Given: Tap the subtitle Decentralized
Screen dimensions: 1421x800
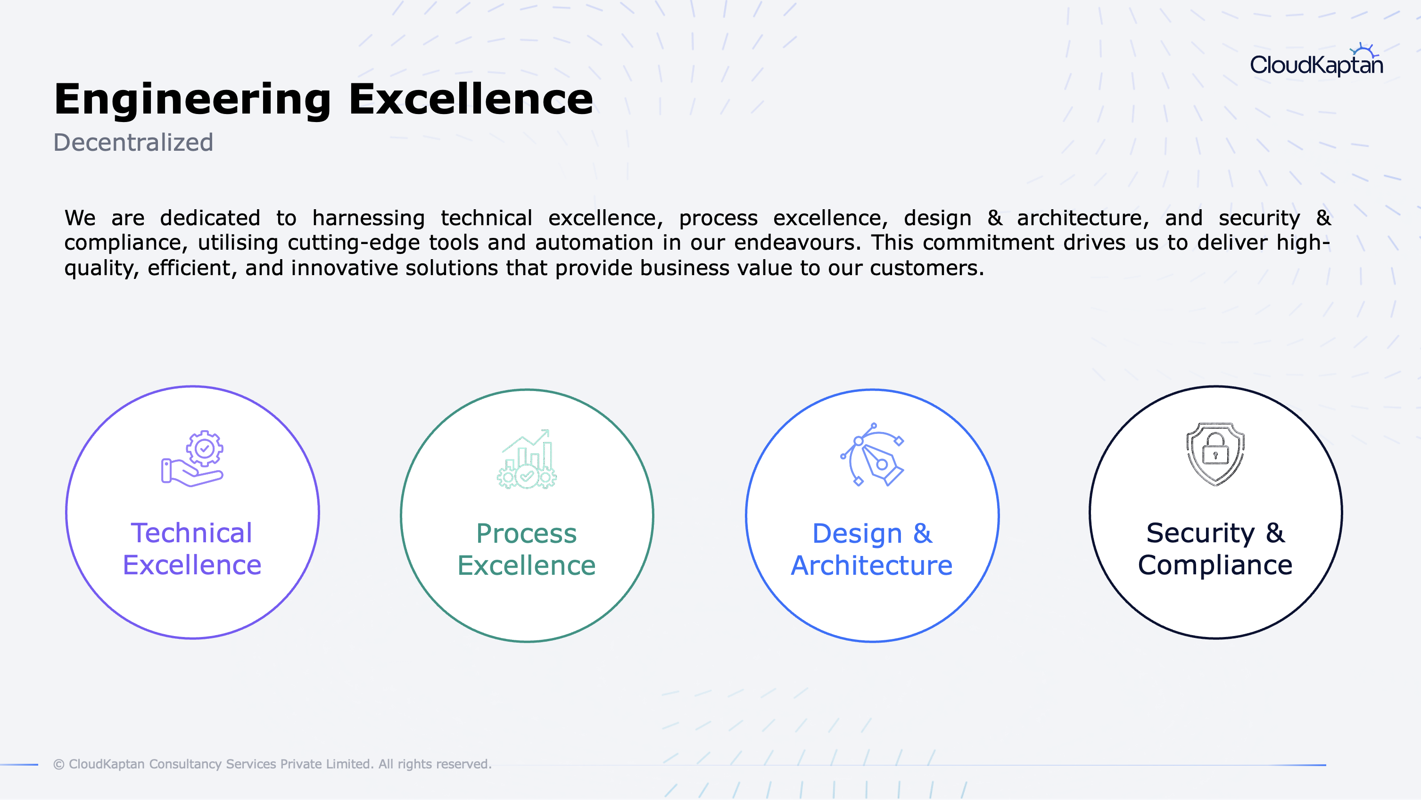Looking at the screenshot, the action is (x=133, y=142).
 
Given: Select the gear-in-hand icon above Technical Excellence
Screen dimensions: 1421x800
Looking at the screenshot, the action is (x=192, y=458).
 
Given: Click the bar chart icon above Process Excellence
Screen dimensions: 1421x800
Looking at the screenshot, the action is (x=527, y=459).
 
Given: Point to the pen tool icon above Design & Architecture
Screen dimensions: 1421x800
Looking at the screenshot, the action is (x=872, y=455).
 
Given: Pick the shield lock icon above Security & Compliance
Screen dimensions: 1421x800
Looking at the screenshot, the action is (x=1215, y=454).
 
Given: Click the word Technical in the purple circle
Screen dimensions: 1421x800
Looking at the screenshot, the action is (x=191, y=533).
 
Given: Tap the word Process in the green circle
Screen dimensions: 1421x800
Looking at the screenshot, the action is (x=526, y=534).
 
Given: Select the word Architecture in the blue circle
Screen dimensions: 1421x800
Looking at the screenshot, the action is (x=872, y=566).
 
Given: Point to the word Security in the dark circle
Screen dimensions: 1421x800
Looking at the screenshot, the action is (x=1200, y=534).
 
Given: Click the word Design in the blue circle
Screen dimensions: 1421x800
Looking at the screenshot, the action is (x=857, y=534).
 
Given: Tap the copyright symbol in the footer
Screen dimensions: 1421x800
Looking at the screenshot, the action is (x=59, y=765).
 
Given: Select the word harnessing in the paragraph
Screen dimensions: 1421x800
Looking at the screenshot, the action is (x=369, y=218).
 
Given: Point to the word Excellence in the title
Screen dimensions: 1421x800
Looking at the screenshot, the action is (x=471, y=99).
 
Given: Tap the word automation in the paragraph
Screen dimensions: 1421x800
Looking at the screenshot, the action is (x=594, y=243).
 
